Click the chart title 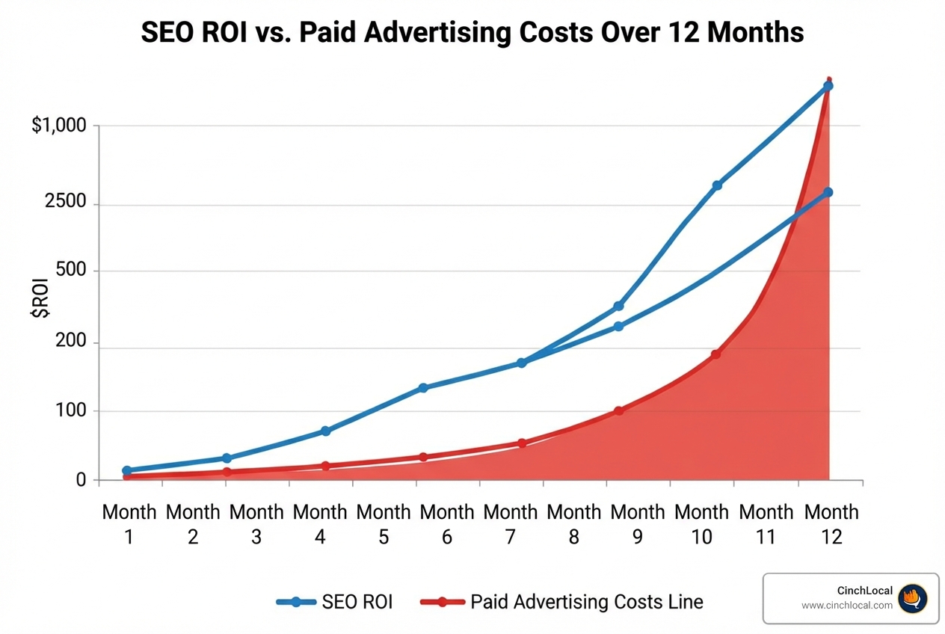click(x=472, y=33)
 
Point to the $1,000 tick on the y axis click(x=59, y=126)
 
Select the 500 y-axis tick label click(x=72, y=270)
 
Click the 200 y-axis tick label click(x=72, y=343)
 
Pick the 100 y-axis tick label click(x=72, y=411)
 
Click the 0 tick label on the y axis click(x=81, y=480)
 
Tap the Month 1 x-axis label click(x=129, y=523)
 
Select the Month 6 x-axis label click(x=447, y=523)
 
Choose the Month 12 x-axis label click(x=831, y=523)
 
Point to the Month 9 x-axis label click(x=638, y=523)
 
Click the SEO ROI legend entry click(x=334, y=602)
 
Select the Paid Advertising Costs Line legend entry click(x=561, y=602)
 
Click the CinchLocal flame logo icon click(x=912, y=598)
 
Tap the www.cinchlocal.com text click(x=846, y=606)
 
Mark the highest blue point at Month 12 click(x=828, y=86)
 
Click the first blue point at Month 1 click(x=127, y=470)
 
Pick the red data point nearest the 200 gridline click(x=715, y=354)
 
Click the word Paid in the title click(x=327, y=33)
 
